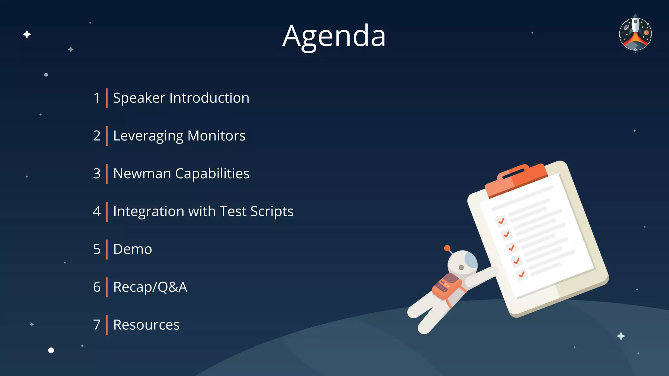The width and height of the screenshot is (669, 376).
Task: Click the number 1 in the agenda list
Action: [96, 98]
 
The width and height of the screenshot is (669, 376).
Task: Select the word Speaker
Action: [139, 98]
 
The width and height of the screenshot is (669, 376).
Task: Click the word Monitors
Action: [216, 136]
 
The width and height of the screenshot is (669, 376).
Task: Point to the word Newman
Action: [142, 174]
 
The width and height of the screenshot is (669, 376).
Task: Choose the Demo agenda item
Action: [132, 249]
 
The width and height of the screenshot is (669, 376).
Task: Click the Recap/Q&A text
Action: [150, 287]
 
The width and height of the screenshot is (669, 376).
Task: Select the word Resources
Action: [146, 325]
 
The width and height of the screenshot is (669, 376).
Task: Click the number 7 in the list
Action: [97, 325]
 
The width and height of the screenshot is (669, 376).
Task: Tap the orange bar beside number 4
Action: [107, 211]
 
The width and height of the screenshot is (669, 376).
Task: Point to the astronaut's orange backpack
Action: [447, 286]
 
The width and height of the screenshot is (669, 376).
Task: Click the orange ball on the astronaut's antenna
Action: [447, 248]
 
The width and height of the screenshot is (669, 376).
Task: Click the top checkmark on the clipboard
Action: [501, 221]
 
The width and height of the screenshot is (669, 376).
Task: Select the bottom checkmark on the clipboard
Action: [522, 274]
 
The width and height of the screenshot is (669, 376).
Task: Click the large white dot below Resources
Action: [51, 350]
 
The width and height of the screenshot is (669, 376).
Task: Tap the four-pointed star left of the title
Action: [27, 34]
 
